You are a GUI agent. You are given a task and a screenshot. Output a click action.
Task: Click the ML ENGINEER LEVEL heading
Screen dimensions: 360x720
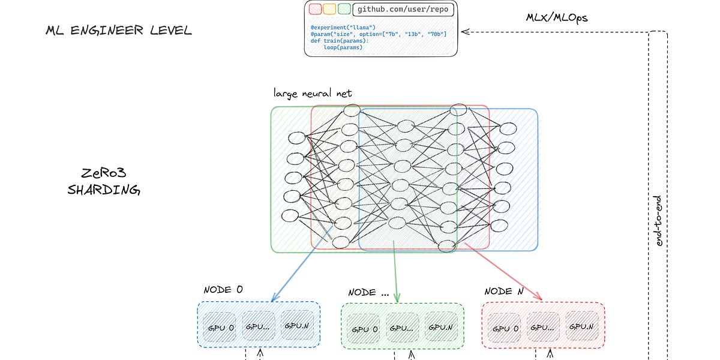click(x=119, y=31)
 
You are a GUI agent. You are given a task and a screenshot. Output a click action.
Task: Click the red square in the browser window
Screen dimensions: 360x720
click(x=315, y=9)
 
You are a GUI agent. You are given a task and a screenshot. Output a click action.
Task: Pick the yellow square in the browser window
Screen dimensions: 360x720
click(x=329, y=9)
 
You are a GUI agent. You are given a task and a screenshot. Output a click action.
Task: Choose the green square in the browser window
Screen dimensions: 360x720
click(x=344, y=9)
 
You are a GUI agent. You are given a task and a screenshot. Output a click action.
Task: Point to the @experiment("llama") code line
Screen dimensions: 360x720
click(x=343, y=28)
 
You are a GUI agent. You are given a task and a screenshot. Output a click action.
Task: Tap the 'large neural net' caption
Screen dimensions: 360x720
click(x=313, y=93)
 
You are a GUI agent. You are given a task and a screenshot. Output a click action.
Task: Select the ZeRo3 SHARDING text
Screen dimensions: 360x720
click(x=103, y=182)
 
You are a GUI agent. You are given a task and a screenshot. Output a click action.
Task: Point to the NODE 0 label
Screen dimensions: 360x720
click(x=223, y=289)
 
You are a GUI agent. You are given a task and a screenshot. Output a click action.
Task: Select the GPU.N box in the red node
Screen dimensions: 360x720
click(x=581, y=327)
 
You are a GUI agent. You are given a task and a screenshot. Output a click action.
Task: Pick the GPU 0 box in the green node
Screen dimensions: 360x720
click(x=365, y=329)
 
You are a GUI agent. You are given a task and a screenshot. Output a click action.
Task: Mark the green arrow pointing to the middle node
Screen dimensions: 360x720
click(x=395, y=270)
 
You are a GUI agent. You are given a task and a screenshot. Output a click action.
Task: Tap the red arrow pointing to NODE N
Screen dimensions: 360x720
click(x=504, y=272)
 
